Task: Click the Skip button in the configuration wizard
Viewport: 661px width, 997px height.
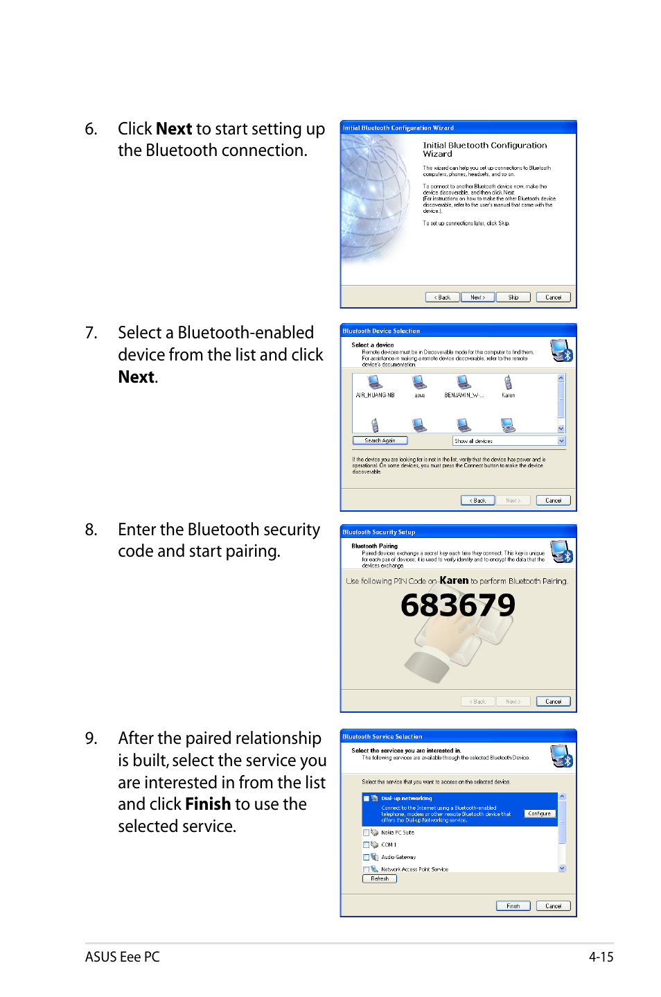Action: coord(513,297)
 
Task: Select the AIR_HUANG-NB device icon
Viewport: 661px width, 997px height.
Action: coord(375,383)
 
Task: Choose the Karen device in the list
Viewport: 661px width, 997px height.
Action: coord(508,383)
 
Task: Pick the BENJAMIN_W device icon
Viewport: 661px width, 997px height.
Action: coord(464,383)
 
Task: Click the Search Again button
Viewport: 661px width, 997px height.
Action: coord(380,441)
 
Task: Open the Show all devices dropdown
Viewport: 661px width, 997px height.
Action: coord(561,441)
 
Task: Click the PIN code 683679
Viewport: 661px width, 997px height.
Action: coord(458,605)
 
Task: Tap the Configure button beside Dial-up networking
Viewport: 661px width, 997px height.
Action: coord(539,813)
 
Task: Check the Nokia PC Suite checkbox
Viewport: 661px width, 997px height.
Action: coord(367,833)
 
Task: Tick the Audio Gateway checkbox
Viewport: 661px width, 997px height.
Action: coord(367,858)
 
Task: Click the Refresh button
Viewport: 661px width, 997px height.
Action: coord(380,879)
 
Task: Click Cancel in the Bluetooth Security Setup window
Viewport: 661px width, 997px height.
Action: coord(553,702)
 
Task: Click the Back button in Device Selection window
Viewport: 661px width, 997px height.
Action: coord(478,501)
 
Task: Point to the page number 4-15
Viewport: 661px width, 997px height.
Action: coord(601,957)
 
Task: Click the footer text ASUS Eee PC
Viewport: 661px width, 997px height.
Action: coord(122,957)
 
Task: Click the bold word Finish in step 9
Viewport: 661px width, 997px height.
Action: coord(208,804)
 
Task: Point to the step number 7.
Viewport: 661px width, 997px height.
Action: coord(91,333)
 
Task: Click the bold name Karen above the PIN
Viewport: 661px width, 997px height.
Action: coord(454,580)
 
